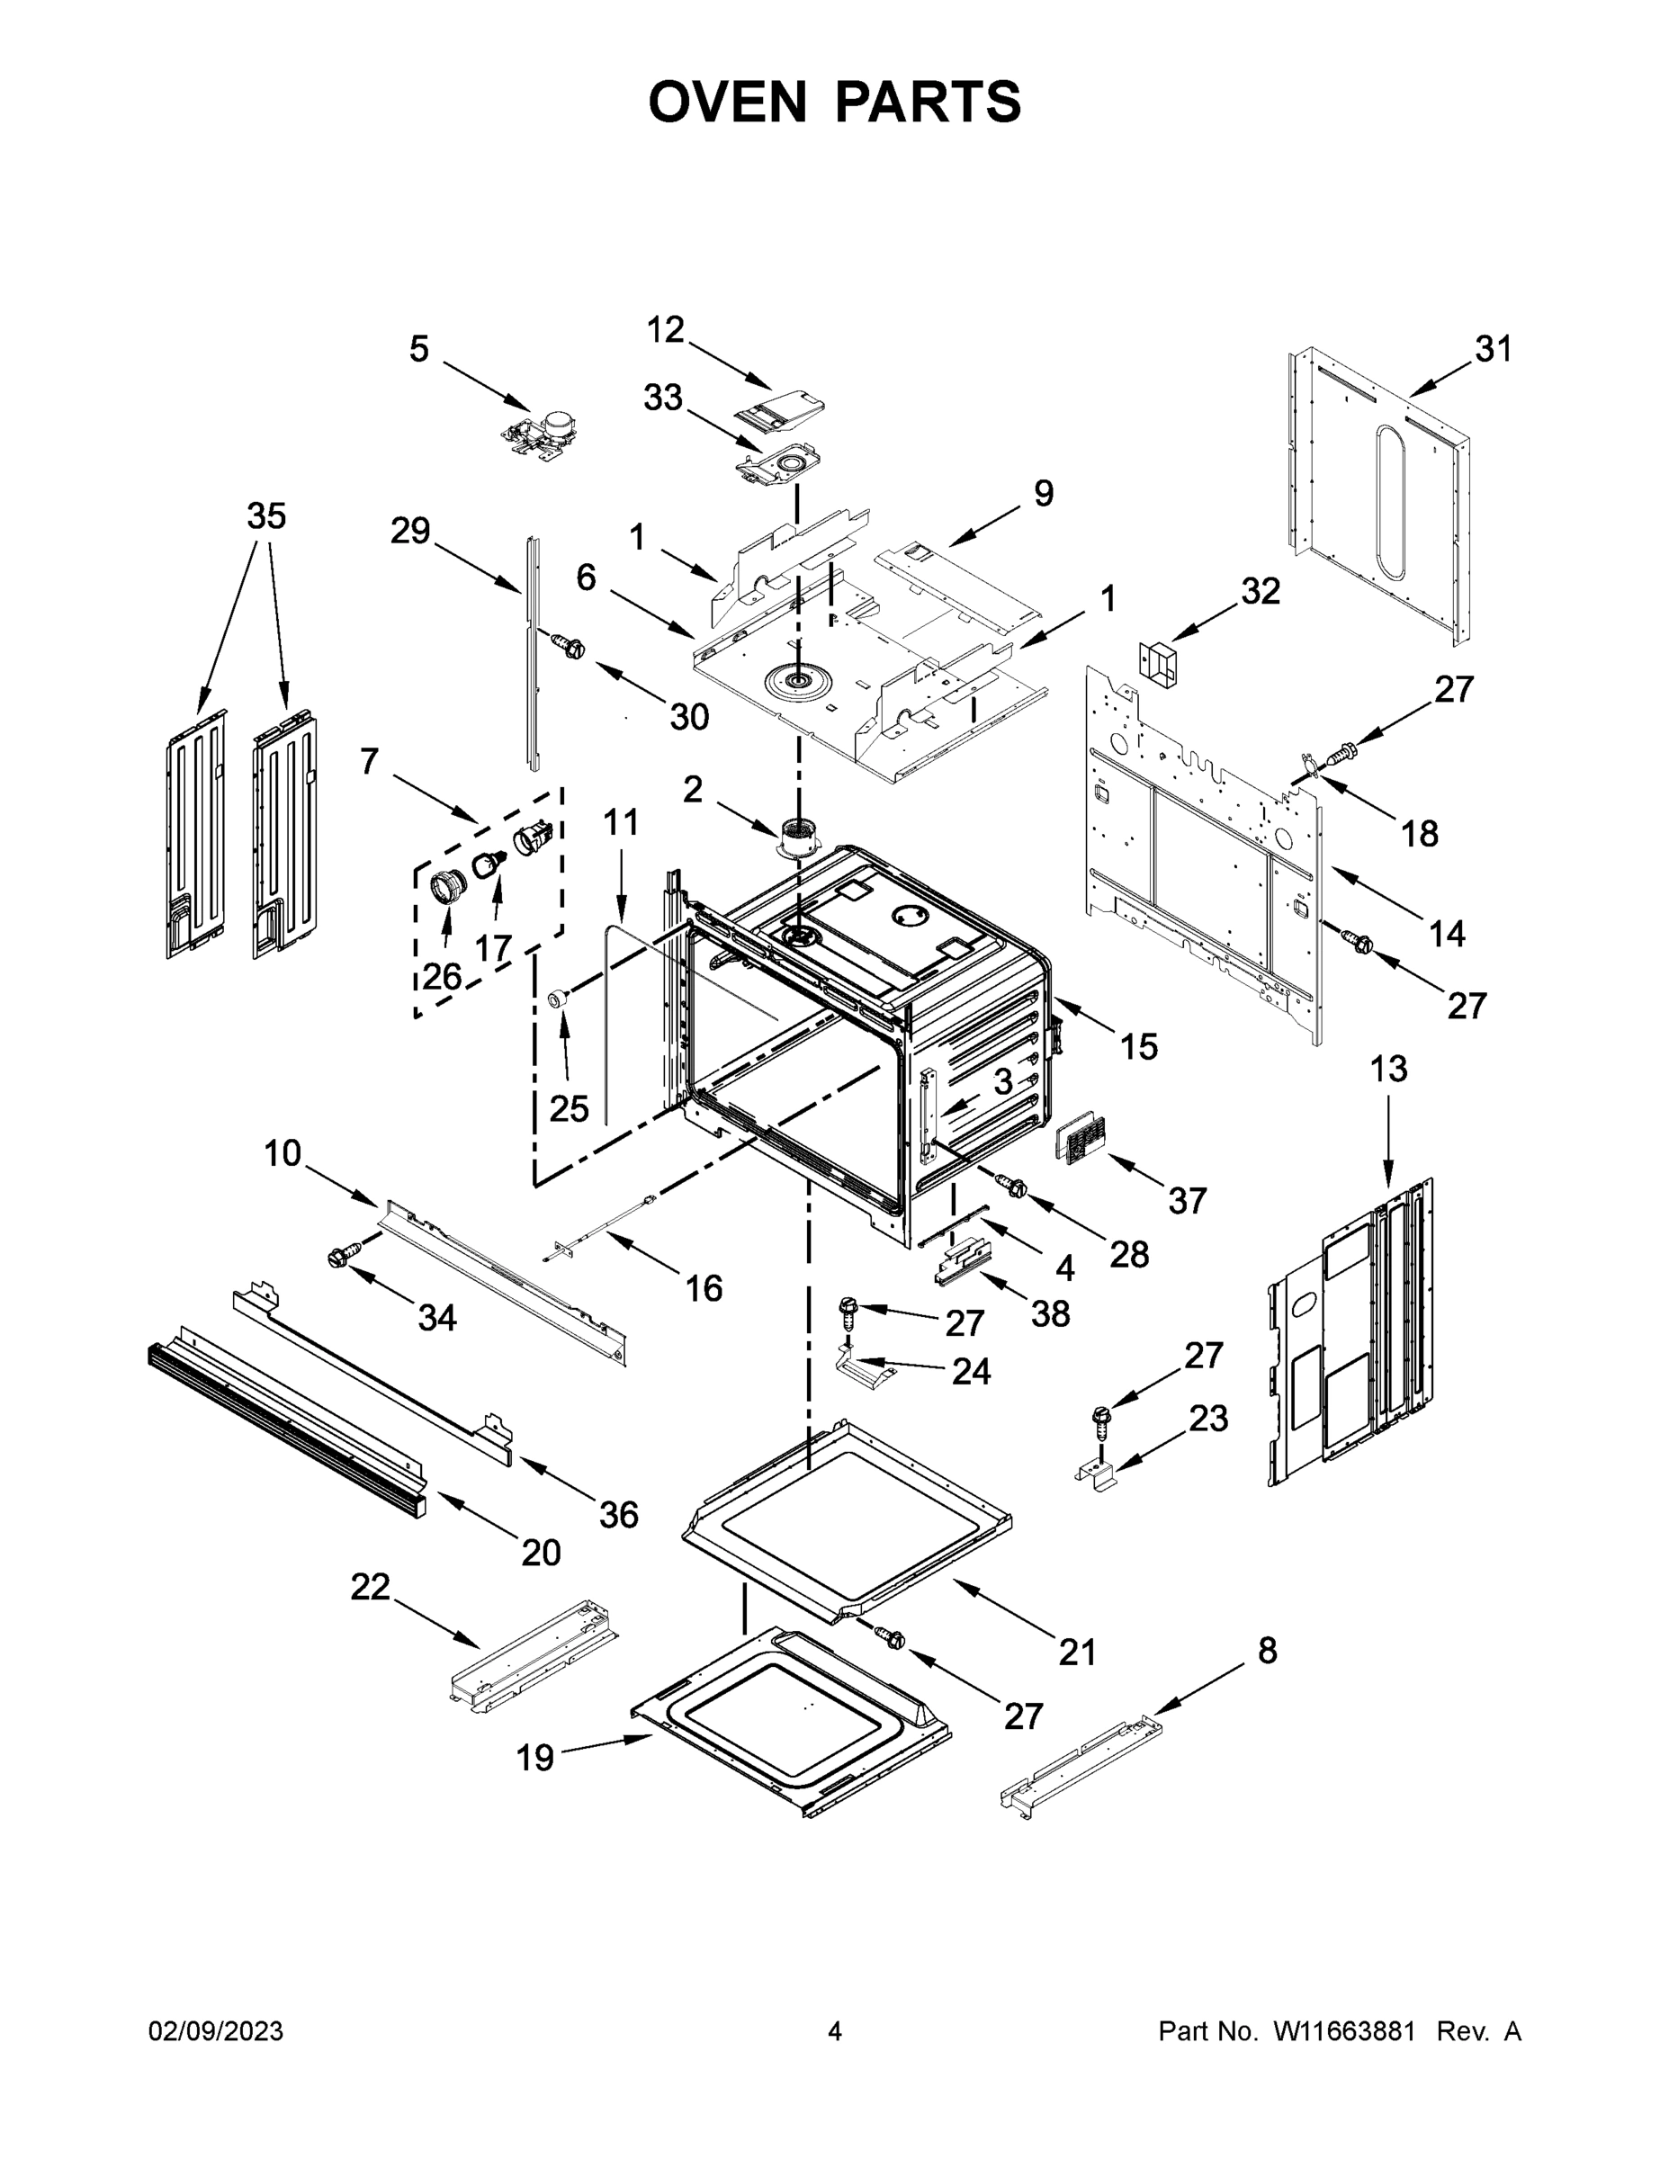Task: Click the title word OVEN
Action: click(x=728, y=102)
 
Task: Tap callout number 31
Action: click(x=1493, y=349)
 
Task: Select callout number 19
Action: click(x=535, y=1758)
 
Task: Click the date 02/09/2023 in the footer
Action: click(x=216, y=2032)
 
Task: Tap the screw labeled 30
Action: click(x=570, y=648)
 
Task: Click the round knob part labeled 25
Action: click(x=561, y=999)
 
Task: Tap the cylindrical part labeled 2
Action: click(x=799, y=838)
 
